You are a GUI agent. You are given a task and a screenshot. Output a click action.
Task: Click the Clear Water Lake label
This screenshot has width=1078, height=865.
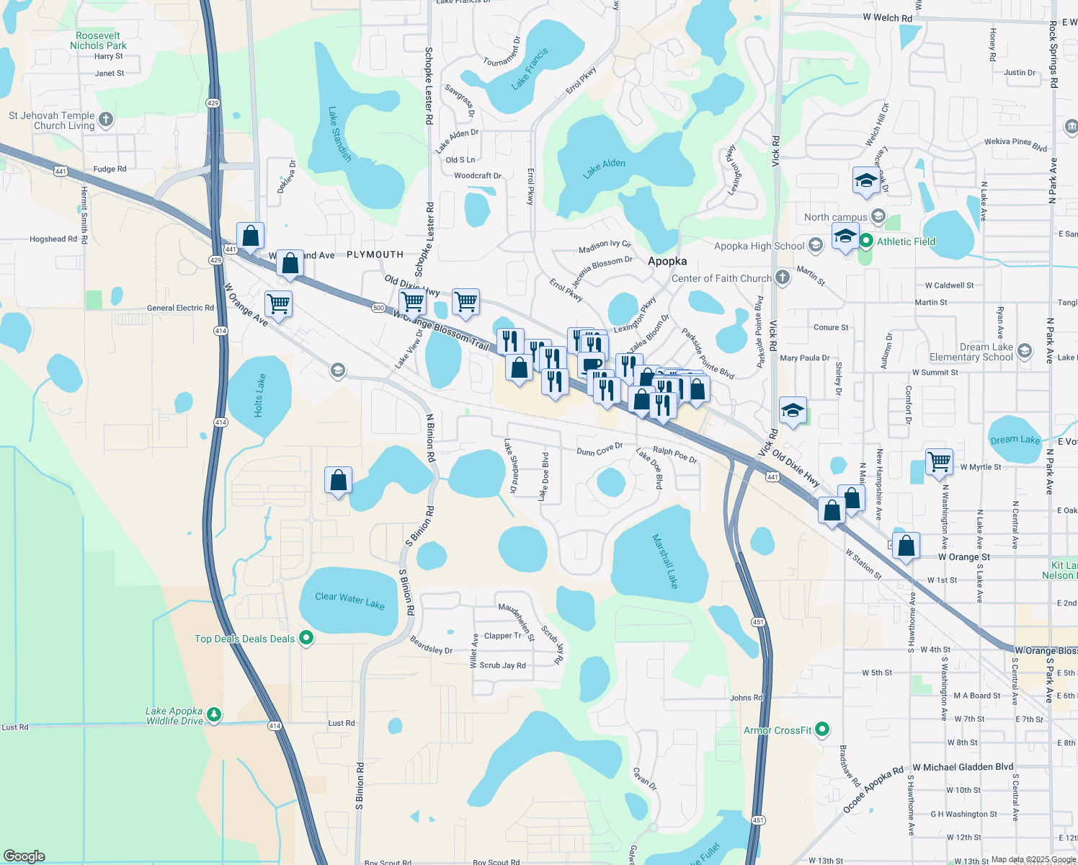pyautogui.click(x=349, y=600)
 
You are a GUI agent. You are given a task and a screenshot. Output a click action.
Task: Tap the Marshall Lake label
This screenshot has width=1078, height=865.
pyautogui.click(x=665, y=561)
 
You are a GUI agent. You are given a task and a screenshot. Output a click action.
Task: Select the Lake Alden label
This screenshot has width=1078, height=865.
pyautogui.click(x=604, y=168)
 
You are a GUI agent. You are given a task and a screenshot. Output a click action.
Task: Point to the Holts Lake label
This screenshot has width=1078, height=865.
pyautogui.click(x=259, y=395)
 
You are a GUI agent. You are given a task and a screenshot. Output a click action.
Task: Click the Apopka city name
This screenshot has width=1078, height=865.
pyautogui.click(x=667, y=261)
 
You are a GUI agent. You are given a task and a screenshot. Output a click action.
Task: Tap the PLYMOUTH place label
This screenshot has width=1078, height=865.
pyautogui.click(x=375, y=254)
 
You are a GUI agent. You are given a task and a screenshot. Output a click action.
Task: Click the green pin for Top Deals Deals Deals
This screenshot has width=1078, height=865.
pyautogui.click(x=306, y=638)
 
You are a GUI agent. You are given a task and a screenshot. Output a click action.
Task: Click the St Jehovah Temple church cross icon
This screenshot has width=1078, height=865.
pyautogui.click(x=106, y=119)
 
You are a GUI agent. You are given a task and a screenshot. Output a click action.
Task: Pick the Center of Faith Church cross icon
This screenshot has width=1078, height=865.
pyautogui.click(x=783, y=278)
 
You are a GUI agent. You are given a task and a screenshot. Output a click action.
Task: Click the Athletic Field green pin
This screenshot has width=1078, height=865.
pyautogui.click(x=866, y=241)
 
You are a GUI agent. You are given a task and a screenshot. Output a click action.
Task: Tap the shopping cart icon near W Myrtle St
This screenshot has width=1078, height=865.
pyautogui.click(x=940, y=461)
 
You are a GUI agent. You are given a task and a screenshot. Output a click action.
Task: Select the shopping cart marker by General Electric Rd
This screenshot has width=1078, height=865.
pyautogui.click(x=278, y=303)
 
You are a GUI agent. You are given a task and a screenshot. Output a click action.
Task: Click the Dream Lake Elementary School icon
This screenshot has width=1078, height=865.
pyautogui.click(x=1025, y=351)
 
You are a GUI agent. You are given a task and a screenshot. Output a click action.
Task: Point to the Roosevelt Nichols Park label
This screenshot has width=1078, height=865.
pyautogui.click(x=98, y=40)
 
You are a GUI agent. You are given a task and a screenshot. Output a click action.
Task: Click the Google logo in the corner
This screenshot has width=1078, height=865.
pyautogui.click(x=24, y=856)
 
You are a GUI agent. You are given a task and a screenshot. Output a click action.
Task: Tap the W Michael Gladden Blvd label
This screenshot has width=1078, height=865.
pyautogui.click(x=963, y=767)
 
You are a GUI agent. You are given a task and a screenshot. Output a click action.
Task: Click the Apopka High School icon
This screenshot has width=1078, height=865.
pyautogui.click(x=815, y=246)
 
